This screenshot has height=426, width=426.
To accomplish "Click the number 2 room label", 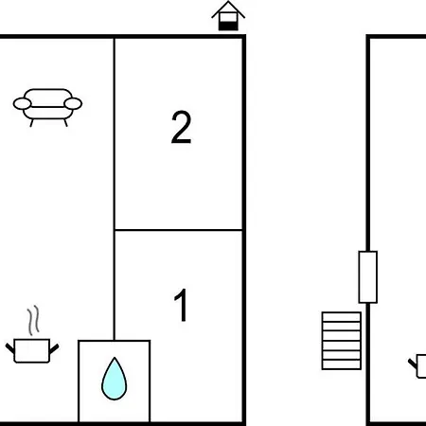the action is (x=181, y=127).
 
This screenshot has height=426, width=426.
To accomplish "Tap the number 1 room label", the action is (x=181, y=305).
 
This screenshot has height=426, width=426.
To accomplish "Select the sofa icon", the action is (x=47, y=108).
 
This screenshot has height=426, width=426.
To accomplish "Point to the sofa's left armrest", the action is (x=23, y=103).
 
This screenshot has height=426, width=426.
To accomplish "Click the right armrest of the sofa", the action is (x=73, y=103).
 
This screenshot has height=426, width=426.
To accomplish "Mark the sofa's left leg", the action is (x=31, y=123).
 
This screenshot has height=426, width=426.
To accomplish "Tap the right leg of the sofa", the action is (x=65, y=123).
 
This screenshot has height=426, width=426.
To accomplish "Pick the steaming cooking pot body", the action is (x=32, y=351).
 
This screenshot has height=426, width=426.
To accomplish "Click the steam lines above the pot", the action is (x=33, y=320).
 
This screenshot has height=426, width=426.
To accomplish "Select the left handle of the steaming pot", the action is (x=9, y=348).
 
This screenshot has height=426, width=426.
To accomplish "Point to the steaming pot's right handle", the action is (x=54, y=348).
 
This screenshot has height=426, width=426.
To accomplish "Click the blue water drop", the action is (x=115, y=379).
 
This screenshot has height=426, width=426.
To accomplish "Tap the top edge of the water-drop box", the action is (x=115, y=341).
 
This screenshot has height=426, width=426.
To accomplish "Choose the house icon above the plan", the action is (x=228, y=16).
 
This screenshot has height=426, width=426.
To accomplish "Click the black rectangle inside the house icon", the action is (x=228, y=26).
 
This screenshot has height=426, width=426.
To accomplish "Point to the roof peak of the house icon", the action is (x=228, y=2).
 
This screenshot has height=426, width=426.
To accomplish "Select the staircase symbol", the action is (x=342, y=341).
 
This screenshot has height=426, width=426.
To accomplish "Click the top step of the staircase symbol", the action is (x=342, y=317).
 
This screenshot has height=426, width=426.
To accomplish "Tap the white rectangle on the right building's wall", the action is (x=368, y=277).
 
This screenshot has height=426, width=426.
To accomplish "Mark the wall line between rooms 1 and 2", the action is (x=178, y=230).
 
